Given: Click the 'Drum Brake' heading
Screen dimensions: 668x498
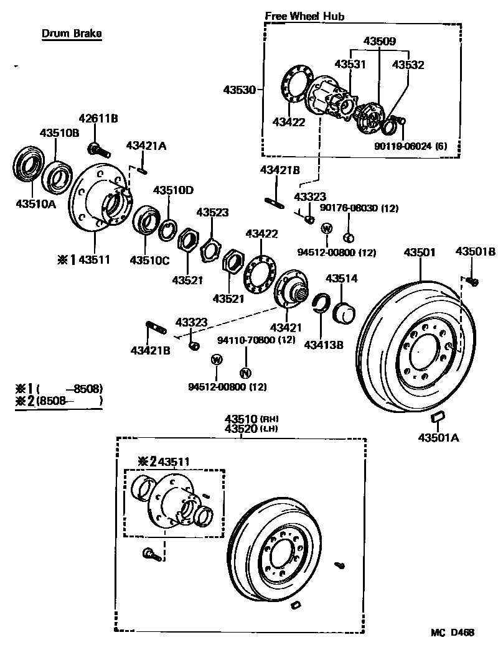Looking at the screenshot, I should click(72, 34).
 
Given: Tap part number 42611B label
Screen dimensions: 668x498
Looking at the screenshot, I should click(98, 118).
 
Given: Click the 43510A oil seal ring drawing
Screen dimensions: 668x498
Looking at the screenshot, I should click(27, 164).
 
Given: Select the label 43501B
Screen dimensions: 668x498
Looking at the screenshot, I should click(475, 252).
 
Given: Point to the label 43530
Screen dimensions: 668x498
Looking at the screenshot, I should click(239, 90).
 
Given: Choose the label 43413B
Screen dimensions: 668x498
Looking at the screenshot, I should click(323, 344).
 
